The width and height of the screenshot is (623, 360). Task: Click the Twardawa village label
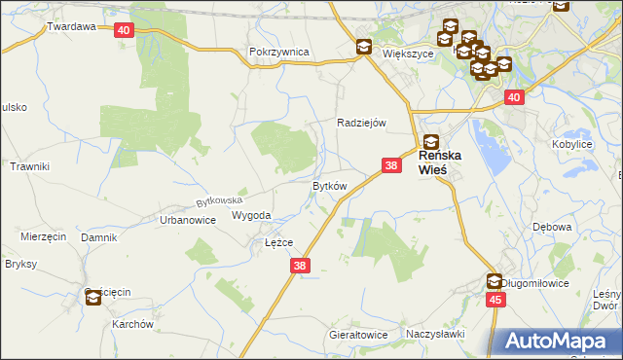point(71,27)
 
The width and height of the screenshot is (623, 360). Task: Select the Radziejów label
point(362,123)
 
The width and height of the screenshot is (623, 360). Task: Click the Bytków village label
point(329,185)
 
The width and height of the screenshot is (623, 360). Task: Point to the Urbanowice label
point(187,220)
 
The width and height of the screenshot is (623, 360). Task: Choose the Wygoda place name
point(251,216)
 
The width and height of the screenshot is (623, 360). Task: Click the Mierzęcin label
point(43,236)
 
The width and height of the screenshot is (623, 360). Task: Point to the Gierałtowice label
point(357,335)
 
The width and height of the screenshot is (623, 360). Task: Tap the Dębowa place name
point(552,227)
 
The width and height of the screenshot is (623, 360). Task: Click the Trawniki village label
point(29,167)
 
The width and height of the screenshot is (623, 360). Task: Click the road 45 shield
point(495,300)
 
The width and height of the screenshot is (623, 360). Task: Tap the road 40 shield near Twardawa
point(124,30)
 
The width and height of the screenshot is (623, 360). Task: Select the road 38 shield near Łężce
point(300,265)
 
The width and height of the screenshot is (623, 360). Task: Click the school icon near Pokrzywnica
point(363,46)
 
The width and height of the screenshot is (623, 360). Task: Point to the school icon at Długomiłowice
point(495,281)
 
